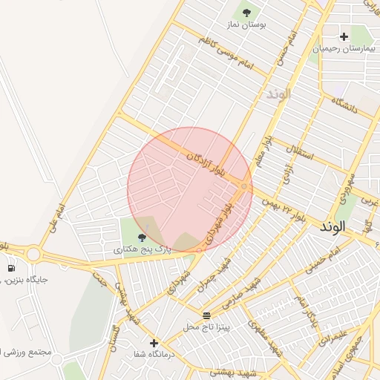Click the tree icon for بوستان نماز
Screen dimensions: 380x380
(x=246, y=12)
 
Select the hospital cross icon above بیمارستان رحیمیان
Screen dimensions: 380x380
(x=344, y=36)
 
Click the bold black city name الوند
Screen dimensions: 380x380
(x=333, y=227)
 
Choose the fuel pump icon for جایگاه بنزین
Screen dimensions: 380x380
(x=11, y=268)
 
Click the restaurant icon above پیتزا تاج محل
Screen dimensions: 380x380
(x=206, y=315)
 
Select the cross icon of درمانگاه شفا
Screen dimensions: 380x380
(x=154, y=343)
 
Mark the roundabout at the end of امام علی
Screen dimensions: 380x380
(x=33, y=255)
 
